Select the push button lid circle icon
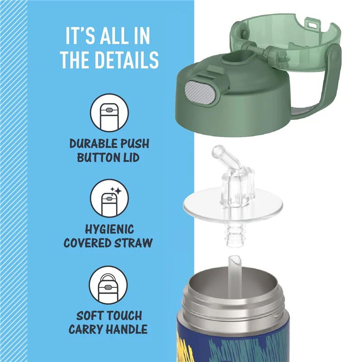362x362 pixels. point(109,113)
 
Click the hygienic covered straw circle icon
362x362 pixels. point(109,198)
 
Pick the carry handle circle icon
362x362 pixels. point(108,285)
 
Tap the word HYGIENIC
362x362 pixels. point(110,229)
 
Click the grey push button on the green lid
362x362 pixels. point(200,92)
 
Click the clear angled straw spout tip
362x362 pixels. point(218,151)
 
